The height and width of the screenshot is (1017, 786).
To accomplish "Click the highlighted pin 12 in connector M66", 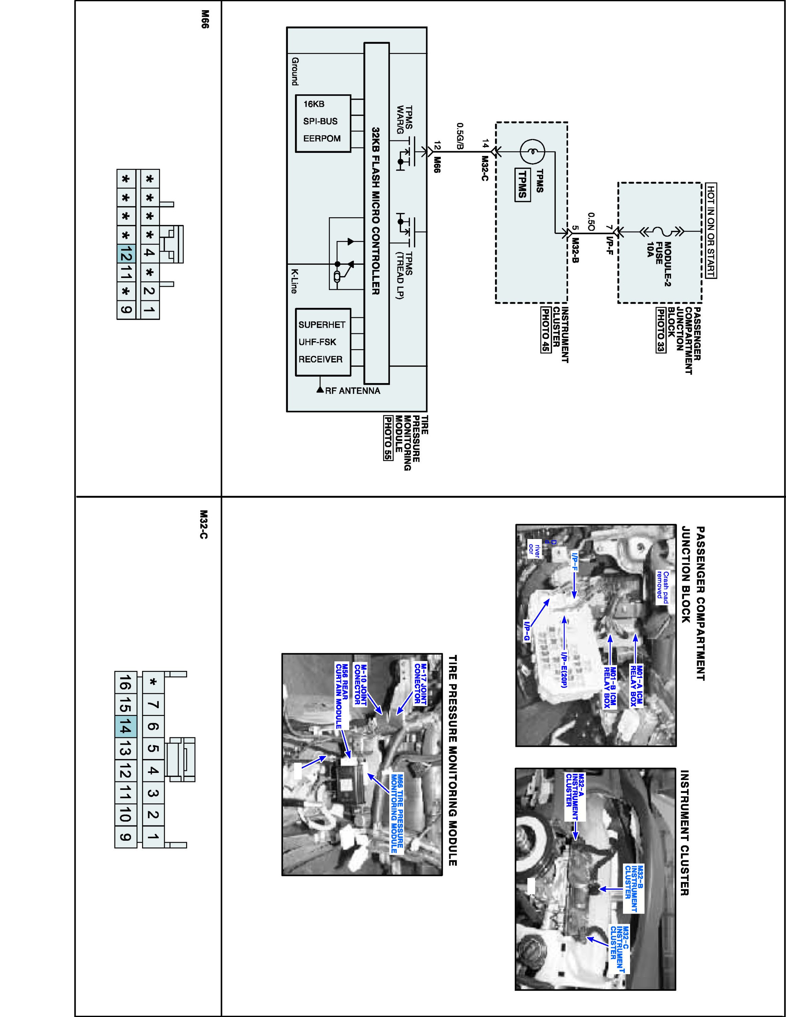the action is click(x=126, y=254).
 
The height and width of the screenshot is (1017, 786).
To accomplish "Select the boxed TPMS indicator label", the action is click(x=522, y=184).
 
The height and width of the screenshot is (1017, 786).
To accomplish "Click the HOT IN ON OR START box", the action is click(x=711, y=230).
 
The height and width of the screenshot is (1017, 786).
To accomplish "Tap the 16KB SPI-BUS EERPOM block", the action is click(x=323, y=123).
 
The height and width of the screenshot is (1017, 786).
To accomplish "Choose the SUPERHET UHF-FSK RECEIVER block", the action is click(x=323, y=342).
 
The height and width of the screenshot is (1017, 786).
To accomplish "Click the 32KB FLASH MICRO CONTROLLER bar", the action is click(x=376, y=213).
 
